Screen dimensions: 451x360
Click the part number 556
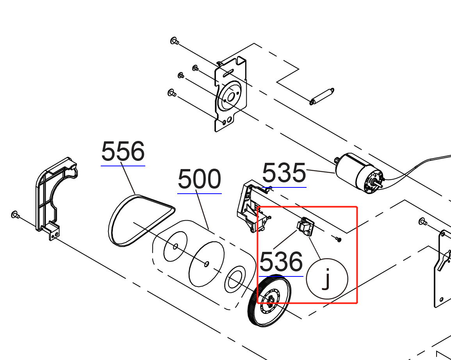pyautogui.click(x=123, y=151)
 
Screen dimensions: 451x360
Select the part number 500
pyautogui.click(x=199, y=179)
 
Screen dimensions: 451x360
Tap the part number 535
pyautogui.click(x=284, y=173)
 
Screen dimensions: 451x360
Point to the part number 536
pyautogui.click(x=281, y=261)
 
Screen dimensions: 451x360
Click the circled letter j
pyautogui.click(x=327, y=279)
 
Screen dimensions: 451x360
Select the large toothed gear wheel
pyautogui.click(x=269, y=301)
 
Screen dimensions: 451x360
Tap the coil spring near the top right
pyautogui.click(x=322, y=96)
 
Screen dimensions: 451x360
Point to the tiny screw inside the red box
pyautogui.click(x=338, y=239)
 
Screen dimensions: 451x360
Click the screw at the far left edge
pyautogui.click(x=15, y=214)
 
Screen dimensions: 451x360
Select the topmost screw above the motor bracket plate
pyautogui.click(x=175, y=41)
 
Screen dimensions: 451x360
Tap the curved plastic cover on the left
pyautogui.click(x=56, y=198)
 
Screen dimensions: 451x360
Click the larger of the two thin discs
pyautogui.click(x=207, y=264)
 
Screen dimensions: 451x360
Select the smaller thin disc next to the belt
pyautogui.click(x=175, y=246)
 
